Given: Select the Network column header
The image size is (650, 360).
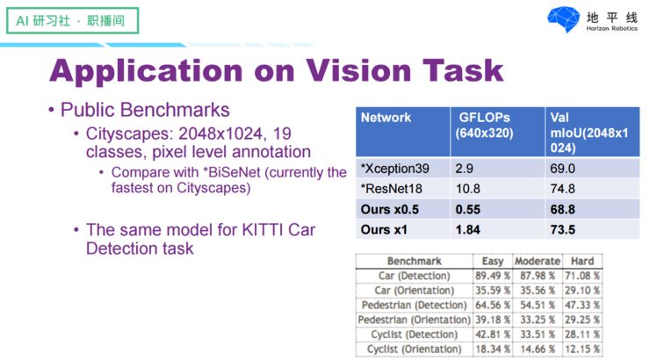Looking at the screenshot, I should click(x=386, y=117).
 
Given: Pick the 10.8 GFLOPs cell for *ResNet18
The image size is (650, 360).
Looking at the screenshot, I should click(x=470, y=187).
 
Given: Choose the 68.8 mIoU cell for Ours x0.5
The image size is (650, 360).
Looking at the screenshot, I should click(x=562, y=209).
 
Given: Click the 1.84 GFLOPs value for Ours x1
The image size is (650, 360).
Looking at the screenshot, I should click(x=469, y=230).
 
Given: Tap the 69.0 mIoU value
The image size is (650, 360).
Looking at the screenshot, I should click(x=562, y=165).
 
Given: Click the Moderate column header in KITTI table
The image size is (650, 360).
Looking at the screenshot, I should click(x=537, y=261).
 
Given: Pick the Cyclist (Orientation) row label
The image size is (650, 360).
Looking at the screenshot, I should click(x=413, y=349).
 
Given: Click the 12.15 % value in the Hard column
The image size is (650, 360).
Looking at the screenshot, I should click(x=582, y=349).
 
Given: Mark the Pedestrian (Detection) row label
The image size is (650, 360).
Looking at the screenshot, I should click(x=413, y=305).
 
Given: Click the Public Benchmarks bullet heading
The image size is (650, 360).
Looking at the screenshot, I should click(x=145, y=111).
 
